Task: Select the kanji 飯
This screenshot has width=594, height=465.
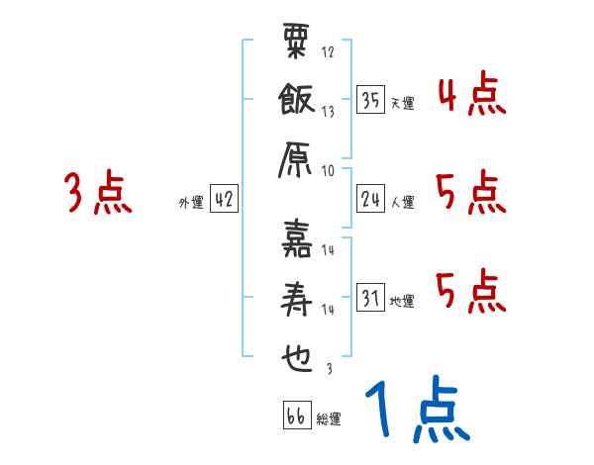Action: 297,104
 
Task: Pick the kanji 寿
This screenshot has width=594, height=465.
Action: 297,299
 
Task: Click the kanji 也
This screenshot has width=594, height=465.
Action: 297,359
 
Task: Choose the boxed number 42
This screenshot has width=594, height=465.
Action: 224,200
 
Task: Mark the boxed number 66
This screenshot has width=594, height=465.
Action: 295,416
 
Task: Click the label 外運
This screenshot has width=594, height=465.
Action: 190,202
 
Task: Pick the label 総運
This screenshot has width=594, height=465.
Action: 329,419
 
